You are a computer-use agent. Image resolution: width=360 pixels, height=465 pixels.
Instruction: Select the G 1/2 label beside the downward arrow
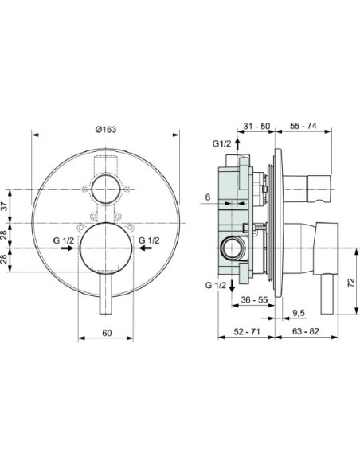point(213,284)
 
